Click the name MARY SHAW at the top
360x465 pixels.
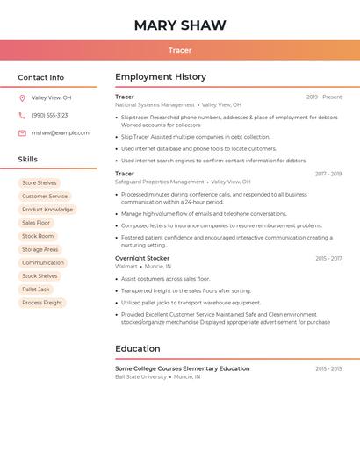180,25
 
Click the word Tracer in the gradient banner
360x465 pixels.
180,50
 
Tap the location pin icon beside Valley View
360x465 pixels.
22,97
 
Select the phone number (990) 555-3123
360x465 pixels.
49,115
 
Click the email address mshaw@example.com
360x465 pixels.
61,132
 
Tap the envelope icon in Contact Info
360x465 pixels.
22,132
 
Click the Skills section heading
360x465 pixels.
28,159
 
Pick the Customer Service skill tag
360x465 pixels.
45,197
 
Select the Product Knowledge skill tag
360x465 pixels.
47,210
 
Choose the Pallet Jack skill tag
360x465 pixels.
36,290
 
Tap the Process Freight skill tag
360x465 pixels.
42,303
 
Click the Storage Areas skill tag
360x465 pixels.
40,249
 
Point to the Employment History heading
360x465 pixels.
161,77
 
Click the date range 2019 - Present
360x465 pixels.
324,97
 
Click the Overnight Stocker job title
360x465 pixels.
142,258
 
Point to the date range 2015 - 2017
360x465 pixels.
328,259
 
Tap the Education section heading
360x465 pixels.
138,348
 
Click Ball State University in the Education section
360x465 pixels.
140,376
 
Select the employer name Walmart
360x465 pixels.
126,266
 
